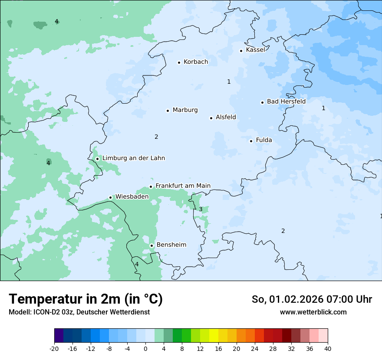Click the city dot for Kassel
click(241, 51)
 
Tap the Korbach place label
click(195, 62)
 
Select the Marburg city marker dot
click(168, 111)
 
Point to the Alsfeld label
click(226, 117)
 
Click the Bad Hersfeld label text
click(286, 101)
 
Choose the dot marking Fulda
click(251, 141)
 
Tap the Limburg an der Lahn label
click(133, 158)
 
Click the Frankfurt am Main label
click(183, 186)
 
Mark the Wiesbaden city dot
click(111, 197)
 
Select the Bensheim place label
click(171, 245)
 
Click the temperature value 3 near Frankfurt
click(201, 209)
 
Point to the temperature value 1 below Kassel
click(229, 82)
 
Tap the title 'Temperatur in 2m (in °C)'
click(86, 299)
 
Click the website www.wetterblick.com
click(313, 312)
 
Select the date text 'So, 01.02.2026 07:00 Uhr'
click(311, 299)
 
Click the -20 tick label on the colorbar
click(54, 349)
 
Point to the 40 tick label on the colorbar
click(328, 349)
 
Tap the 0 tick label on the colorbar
click(145, 349)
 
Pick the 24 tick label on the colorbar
click(255, 349)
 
